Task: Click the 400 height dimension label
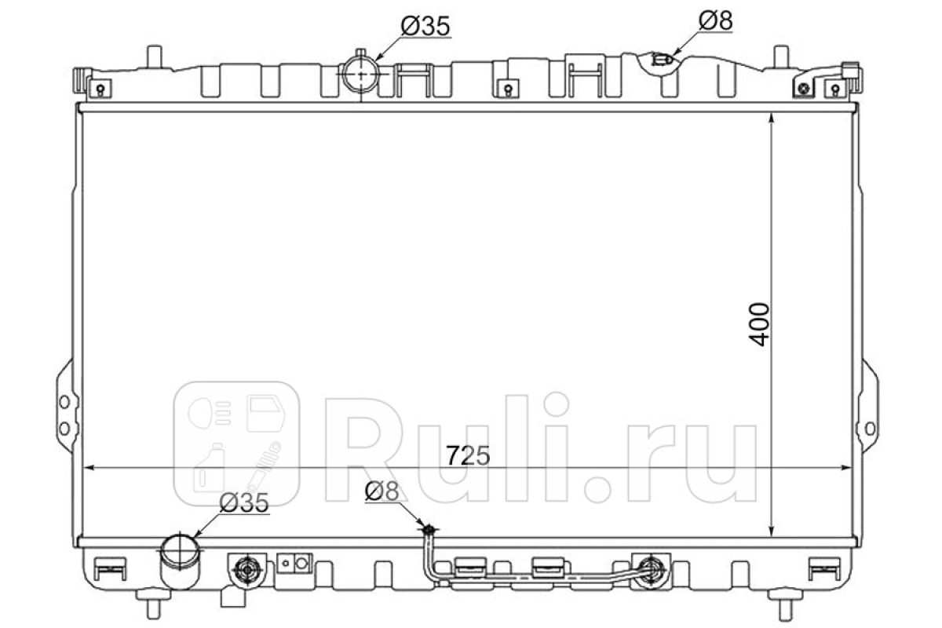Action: pos(761,325)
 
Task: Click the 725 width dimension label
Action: pos(468,455)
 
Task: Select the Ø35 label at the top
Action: pos(425,26)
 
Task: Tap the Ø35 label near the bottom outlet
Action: pos(244,502)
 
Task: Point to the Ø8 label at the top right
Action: pos(716,20)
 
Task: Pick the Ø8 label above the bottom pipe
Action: pos(382,491)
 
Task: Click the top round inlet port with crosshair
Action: pos(361,73)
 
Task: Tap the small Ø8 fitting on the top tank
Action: pos(662,60)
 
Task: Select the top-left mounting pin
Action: pos(155,56)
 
